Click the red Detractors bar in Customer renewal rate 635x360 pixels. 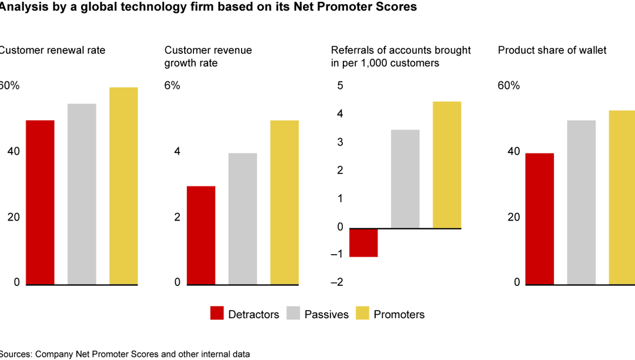click(x=40, y=202)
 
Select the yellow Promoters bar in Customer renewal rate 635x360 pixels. click(x=123, y=186)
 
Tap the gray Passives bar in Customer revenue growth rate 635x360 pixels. click(x=243, y=219)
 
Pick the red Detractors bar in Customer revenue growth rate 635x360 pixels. click(x=201, y=235)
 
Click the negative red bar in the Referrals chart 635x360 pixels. click(x=363, y=242)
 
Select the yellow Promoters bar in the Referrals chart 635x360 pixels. click(x=447, y=165)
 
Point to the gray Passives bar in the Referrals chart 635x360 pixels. click(x=405, y=179)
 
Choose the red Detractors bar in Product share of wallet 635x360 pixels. click(x=539, y=219)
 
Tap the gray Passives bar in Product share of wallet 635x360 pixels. click(x=581, y=202)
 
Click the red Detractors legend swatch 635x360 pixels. click(x=218, y=314)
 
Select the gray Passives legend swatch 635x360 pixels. click(x=294, y=314)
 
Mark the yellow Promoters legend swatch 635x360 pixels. click(x=363, y=314)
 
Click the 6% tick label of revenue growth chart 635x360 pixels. click(x=172, y=86)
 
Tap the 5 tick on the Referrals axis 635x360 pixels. click(x=340, y=86)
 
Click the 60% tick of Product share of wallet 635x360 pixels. click(x=509, y=86)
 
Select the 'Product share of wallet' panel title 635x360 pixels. click(x=552, y=51)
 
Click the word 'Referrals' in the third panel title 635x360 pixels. click(x=351, y=51)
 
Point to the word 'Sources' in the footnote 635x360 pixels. click(x=15, y=354)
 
